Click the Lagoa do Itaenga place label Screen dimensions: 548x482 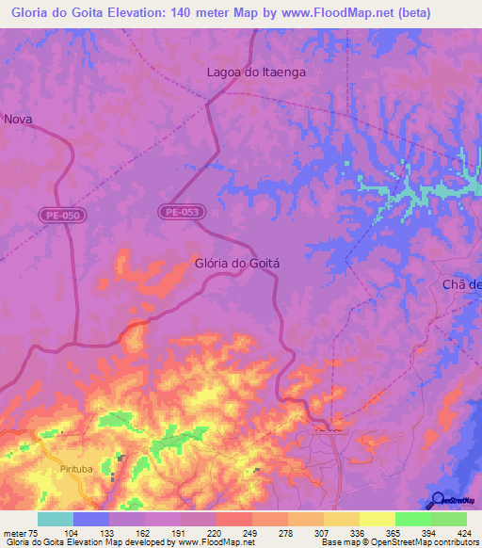click(x=256, y=72)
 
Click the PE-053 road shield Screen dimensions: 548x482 click(x=179, y=213)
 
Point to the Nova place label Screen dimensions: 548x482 click(x=19, y=119)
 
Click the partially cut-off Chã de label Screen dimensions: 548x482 click(x=461, y=285)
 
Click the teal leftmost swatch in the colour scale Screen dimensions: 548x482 click(x=56, y=519)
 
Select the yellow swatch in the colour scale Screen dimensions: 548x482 click(x=377, y=519)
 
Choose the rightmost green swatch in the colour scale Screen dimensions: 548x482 click(x=449, y=519)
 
